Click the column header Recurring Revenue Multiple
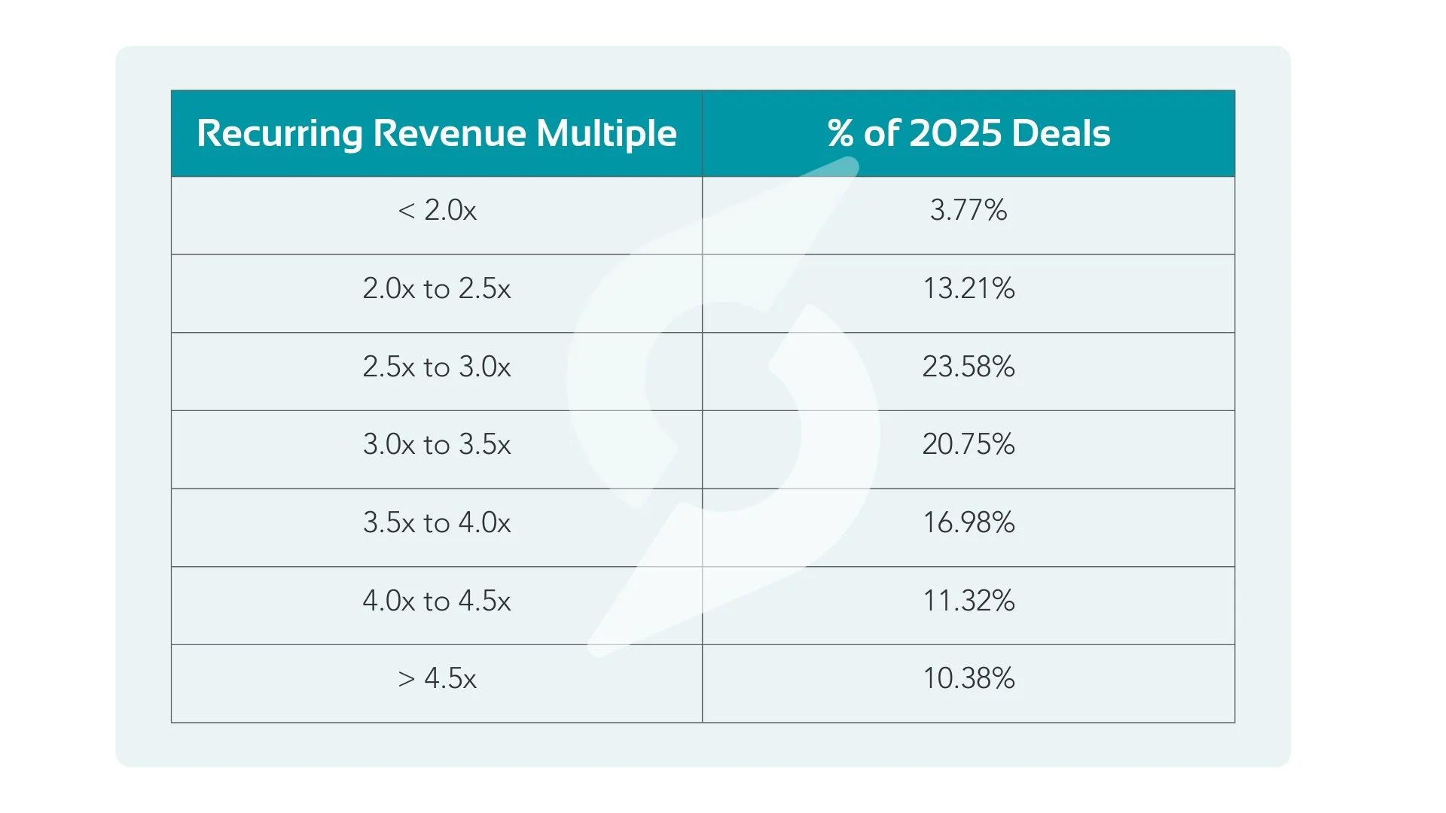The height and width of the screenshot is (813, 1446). (437, 134)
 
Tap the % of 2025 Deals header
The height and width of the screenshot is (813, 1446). (969, 134)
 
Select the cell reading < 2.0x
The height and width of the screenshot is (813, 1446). (437, 210)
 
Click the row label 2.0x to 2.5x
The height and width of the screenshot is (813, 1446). (437, 289)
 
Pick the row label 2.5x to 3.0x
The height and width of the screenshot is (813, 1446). (437, 367)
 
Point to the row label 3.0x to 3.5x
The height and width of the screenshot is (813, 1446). (437, 445)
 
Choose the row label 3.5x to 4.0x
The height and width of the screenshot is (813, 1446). (437, 523)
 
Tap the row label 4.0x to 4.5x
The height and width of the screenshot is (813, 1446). (437, 601)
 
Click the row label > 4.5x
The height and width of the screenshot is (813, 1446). (437, 679)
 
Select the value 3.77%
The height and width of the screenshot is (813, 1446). (969, 210)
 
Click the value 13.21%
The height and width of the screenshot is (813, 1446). (969, 289)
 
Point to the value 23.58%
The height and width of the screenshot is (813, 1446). (969, 367)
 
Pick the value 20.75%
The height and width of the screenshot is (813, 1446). (969, 445)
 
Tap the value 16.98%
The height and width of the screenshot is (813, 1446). (969, 523)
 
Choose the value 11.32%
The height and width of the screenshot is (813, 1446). (969, 601)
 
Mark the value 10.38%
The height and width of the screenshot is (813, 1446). (969, 679)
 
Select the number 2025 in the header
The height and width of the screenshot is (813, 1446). (955, 134)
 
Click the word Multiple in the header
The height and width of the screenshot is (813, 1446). (606, 134)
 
